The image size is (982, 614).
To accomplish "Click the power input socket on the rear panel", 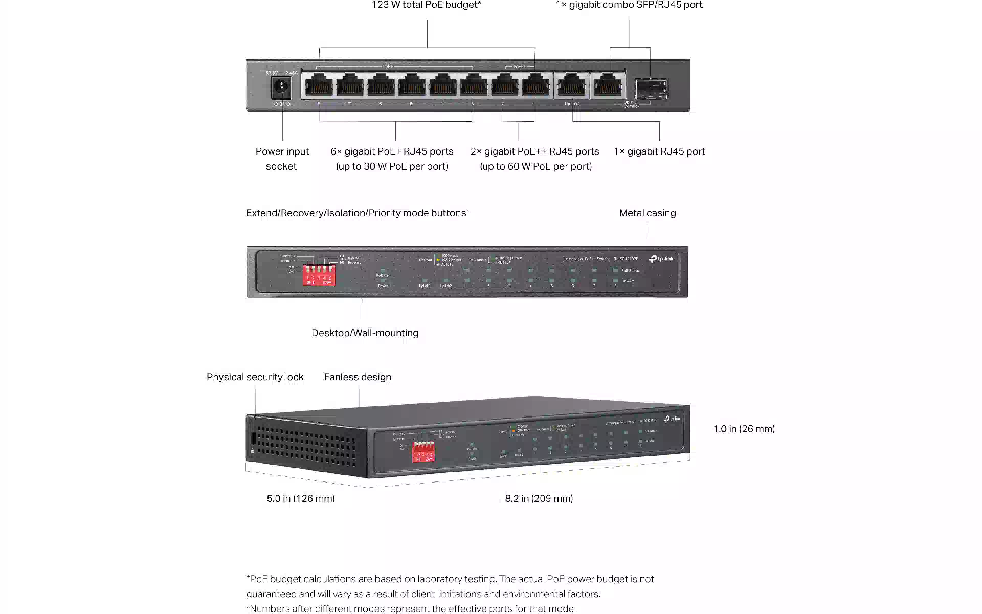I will [281, 86].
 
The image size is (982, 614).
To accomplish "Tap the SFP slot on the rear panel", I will [651, 88].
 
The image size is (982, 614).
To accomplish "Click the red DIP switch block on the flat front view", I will [319, 274].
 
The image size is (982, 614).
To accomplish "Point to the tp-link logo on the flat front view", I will [661, 259].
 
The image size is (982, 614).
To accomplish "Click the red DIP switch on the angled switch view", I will [423, 451].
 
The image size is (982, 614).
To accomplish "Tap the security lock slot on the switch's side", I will [253, 439].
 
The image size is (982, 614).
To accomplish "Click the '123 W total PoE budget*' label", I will [426, 5].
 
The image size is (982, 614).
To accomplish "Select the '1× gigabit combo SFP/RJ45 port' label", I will [629, 5].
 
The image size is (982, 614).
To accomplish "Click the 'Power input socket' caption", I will [282, 159].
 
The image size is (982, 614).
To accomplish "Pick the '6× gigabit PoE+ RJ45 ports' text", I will [392, 151].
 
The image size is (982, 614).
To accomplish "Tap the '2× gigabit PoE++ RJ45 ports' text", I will [534, 151].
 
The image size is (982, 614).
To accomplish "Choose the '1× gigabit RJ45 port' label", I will [659, 151].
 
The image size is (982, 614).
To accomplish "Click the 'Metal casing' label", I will [647, 213].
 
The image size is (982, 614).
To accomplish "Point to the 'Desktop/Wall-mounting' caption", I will [365, 333].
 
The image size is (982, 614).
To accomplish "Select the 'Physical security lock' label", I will [255, 377].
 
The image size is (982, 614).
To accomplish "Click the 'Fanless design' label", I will [357, 377].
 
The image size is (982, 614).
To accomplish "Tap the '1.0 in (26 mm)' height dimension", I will [744, 429].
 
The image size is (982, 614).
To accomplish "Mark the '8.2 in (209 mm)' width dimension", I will [539, 499].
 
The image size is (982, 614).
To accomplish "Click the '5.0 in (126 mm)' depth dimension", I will [301, 499].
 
